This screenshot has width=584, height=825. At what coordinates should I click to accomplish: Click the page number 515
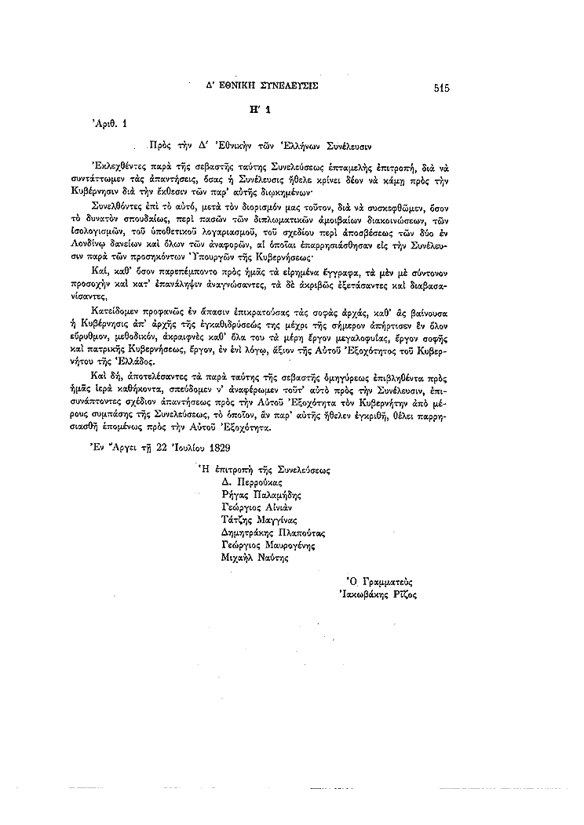coord(440,88)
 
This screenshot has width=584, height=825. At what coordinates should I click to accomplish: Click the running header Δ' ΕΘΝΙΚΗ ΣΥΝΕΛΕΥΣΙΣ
coord(262,85)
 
